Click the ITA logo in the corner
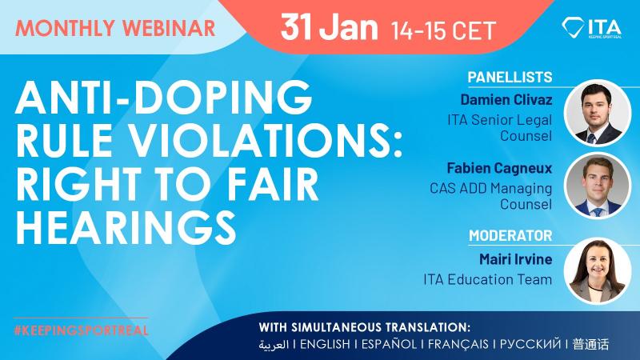592,28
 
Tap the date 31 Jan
329,27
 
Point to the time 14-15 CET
443,30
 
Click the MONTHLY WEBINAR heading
115,28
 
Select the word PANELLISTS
510,77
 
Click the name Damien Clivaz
506,99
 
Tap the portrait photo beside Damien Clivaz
598,113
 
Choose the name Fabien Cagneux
499,168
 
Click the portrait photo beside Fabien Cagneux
598,186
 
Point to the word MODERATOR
510,235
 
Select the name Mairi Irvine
515,258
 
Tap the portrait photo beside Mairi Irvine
598,271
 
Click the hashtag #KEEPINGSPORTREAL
81,330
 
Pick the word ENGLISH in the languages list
325,344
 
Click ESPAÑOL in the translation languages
389,344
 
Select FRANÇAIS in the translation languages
458,344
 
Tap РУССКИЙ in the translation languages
530,344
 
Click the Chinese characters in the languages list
590,344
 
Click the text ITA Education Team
487,279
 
